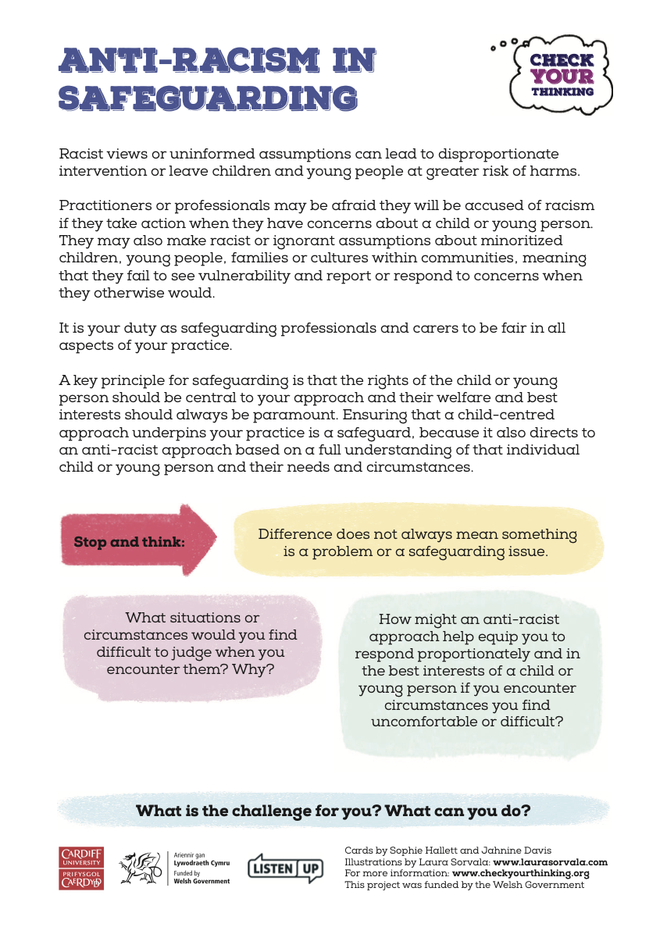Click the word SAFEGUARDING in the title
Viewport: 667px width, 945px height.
(209, 98)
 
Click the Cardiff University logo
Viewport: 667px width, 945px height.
(81, 868)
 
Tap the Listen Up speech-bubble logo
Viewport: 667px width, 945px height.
(285, 868)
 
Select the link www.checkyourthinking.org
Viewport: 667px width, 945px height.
(520, 873)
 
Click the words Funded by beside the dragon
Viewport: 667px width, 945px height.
(186, 873)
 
